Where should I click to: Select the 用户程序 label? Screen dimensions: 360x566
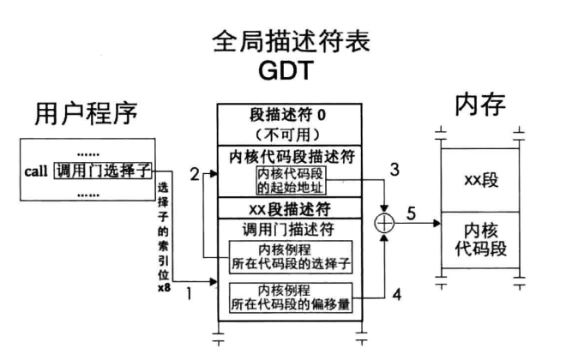(86, 112)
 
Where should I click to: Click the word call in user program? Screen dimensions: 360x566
(38, 170)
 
